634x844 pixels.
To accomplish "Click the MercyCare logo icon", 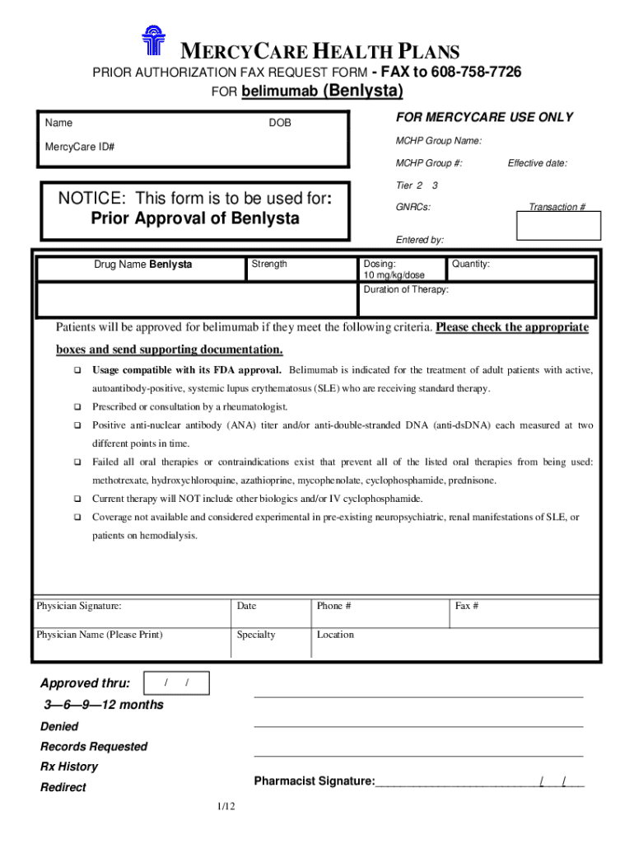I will (155, 42).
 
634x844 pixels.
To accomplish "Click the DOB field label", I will (280, 123).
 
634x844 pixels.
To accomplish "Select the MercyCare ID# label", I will (80, 147).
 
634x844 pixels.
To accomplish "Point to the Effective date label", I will (537, 163).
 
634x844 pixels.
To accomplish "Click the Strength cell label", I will (269, 264).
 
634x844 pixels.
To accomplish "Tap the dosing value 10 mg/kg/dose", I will (394, 275).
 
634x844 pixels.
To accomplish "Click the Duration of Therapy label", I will (406, 290).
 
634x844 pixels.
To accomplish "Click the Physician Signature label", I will (79, 606).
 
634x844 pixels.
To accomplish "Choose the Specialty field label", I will (256, 635).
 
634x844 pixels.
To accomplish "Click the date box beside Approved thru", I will (176, 683).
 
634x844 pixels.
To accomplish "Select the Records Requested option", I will (94, 747).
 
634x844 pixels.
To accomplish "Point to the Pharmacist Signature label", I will (315, 781).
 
